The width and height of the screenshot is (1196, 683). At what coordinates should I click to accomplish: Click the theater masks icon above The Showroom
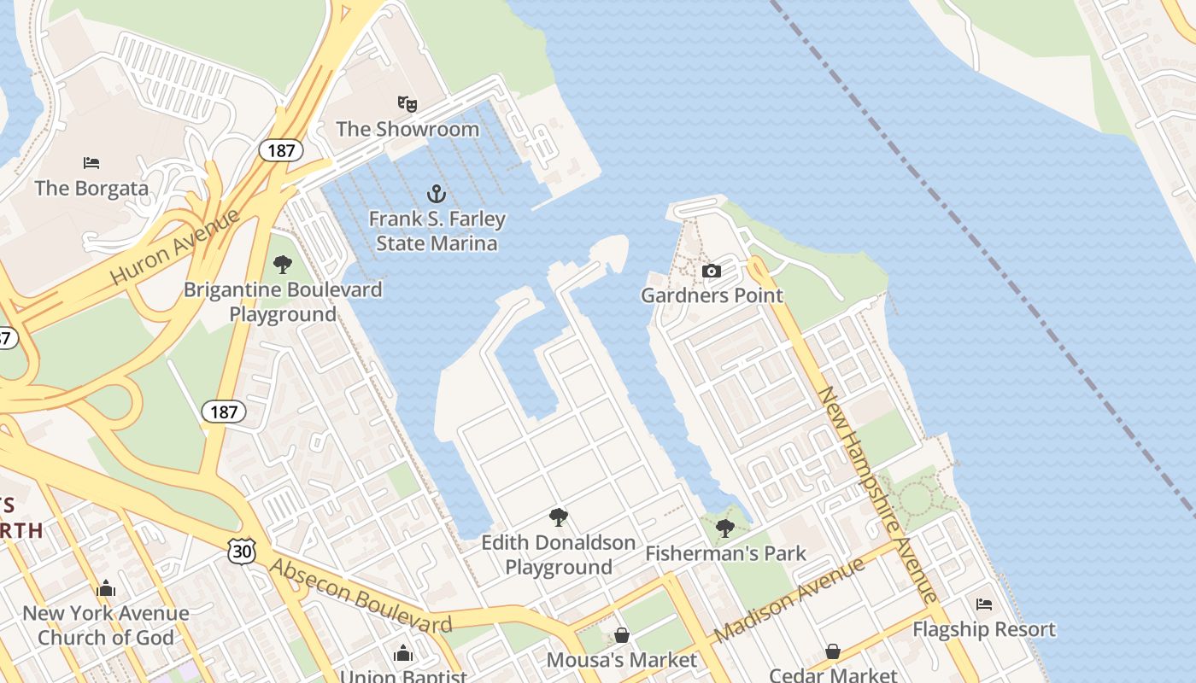pyautogui.click(x=407, y=104)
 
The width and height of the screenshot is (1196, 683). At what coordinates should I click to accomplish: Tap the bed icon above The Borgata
pyautogui.click(x=91, y=162)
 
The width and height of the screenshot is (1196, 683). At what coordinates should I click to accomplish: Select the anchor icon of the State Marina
pyautogui.click(x=437, y=193)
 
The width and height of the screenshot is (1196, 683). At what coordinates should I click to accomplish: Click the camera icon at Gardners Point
pyautogui.click(x=711, y=271)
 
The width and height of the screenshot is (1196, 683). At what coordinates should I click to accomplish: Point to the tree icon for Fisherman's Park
pyautogui.click(x=724, y=528)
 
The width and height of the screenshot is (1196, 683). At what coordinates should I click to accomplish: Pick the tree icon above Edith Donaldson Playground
pyautogui.click(x=559, y=517)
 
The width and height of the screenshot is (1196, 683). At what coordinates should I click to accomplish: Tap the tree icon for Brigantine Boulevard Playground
pyautogui.click(x=282, y=265)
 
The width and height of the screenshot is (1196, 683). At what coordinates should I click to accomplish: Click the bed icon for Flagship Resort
pyautogui.click(x=984, y=604)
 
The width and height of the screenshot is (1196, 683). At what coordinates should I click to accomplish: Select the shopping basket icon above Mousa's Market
pyautogui.click(x=622, y=635)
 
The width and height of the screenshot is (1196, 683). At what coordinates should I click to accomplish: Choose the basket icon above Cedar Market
pyautogui.click(x=833, y=651)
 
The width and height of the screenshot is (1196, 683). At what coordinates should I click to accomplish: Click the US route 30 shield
pyautogui.click(x=241, y=552)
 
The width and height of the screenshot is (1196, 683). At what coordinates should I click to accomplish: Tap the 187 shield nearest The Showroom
pyautogui.click(x=280, y=151)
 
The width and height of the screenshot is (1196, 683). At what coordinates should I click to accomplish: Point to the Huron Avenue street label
pyautogui.click(x=175, y=248)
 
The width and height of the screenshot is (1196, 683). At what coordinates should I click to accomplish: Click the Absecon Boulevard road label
pyautogui.click(x=361, y=596)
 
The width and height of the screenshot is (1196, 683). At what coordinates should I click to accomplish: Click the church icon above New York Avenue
pyautogui.click(x=106, y=588)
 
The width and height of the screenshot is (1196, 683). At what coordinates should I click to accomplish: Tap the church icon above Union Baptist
pyautogui.click(x=403, y=654)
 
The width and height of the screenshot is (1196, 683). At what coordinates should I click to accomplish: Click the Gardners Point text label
pyautogui.click(x=712, y=296)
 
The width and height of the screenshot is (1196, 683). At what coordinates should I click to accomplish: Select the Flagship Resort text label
pyautogui.click(x=984, y=630)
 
